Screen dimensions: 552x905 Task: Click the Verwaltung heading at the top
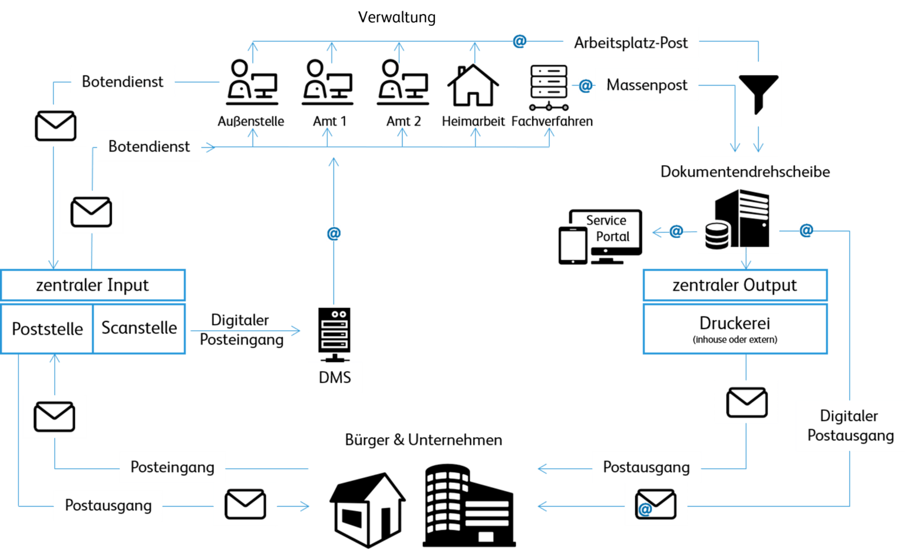point(397,17)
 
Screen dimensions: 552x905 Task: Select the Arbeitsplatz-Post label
point(630,43)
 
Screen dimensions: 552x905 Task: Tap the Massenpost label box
point(646,85)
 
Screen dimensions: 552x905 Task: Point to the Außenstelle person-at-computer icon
point(252,83)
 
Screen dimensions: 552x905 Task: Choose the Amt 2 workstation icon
point(403,83)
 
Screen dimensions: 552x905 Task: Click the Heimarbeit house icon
point(473,85)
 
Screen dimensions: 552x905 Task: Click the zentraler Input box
point(93,285)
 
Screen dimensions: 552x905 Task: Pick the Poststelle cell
point(47,328)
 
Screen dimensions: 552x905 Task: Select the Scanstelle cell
point(139,328)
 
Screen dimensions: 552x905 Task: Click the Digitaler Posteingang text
point(241,330)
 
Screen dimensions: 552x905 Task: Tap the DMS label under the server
point(335,377)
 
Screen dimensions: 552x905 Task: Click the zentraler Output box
point(735,285)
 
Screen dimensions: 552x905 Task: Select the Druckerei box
point(735,328)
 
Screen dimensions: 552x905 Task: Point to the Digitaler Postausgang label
point(850,426)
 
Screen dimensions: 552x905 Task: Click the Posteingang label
point(172,467)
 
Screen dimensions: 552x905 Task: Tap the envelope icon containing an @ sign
point(655,505)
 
